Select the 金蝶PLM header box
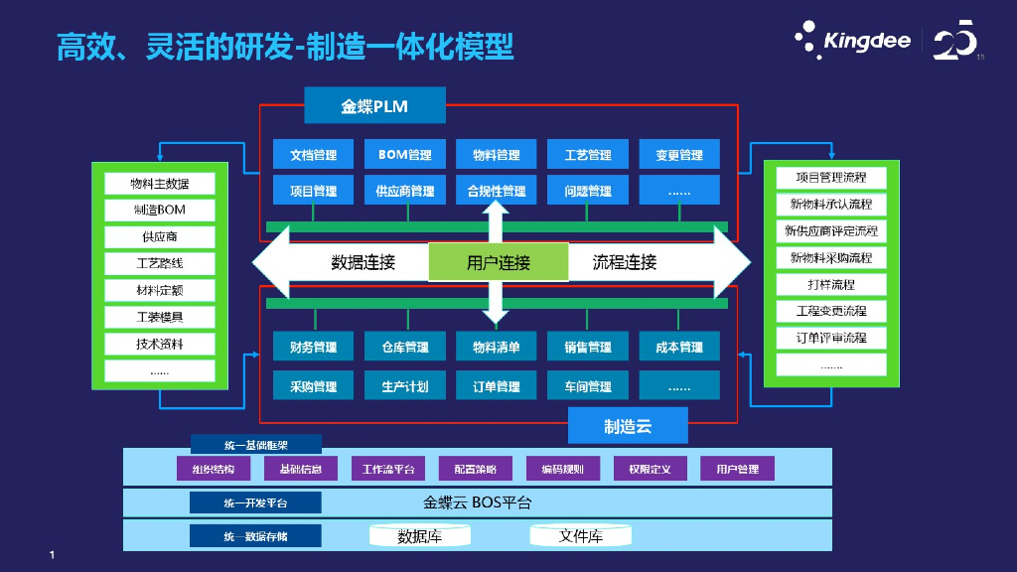(374, 106)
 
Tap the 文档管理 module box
(313, 155)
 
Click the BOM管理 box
(404, 155)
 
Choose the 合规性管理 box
(496, 190)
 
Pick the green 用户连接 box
(498, 263)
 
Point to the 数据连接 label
(363, 263)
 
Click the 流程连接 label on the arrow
(625, 263)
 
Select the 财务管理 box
(313, 348)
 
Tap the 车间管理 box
(587, 385)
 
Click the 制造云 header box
(628, 427)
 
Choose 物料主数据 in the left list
(160, 184)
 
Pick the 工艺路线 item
(160, 264)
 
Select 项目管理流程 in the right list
(830, 178)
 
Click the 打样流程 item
(830, 284)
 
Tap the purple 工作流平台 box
(393, 469)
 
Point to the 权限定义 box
(650, 469)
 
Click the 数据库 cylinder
(419, 536)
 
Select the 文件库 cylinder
(580, 536)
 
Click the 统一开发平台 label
(255, 503)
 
